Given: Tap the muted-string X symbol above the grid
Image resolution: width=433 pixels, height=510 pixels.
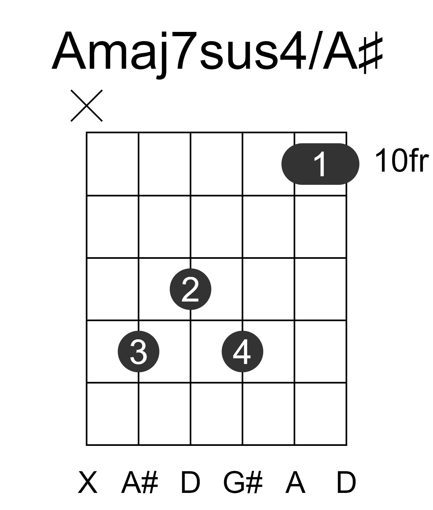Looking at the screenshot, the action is (x=86, y=106).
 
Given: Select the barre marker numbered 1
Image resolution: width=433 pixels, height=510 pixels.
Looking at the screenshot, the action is (x=320, y=164).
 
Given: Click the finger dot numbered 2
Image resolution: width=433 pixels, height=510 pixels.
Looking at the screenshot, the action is (x=190, y=289).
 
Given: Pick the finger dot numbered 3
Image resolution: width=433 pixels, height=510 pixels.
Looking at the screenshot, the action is (x=138, y=352).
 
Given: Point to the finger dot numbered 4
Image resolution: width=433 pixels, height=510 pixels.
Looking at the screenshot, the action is (x=243, y=352).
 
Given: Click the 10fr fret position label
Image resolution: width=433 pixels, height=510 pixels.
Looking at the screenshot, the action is (x=402, y=160).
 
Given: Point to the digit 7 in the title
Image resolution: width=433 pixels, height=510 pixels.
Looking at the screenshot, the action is (x=185, y=51).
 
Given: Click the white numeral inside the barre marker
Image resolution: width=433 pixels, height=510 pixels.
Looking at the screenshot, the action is (x=321, y=164).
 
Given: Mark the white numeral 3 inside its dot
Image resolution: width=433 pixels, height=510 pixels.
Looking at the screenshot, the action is (x=138, y=352).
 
